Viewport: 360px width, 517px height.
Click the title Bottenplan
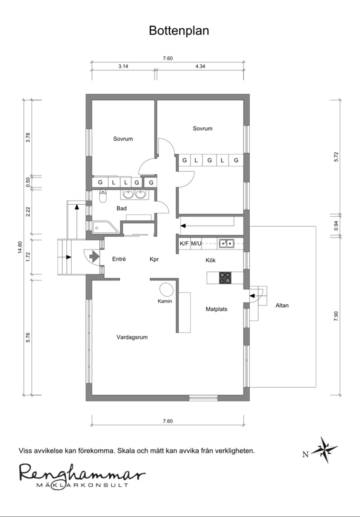point(179,30)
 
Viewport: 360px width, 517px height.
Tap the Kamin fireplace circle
point(166,290)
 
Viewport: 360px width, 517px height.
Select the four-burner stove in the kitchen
point(225,278)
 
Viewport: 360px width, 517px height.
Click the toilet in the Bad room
point(103,196)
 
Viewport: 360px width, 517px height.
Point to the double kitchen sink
point(227,243)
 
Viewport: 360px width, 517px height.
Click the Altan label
point(282,305)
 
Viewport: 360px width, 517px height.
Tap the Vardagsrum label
point(132,337)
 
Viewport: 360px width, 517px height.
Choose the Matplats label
point(216,309)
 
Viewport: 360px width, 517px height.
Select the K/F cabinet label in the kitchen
point(184,243)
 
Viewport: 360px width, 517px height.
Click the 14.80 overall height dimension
point(20,247)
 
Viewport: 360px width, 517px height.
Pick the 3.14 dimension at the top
point(123,66)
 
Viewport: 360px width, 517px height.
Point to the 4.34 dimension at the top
point(200,66)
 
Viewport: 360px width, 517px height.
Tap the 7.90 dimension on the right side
point(336,316)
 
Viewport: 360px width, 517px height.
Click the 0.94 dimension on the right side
point(336,226)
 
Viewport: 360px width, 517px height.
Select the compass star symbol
point(325,449)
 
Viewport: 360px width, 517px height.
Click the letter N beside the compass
point(306,455)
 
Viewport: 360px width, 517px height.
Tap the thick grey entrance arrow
point(94,256)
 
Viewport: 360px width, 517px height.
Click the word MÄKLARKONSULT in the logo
point(82,485)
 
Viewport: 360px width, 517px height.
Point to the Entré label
point(119,259)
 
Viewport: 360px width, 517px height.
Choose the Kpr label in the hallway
point(154,260)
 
